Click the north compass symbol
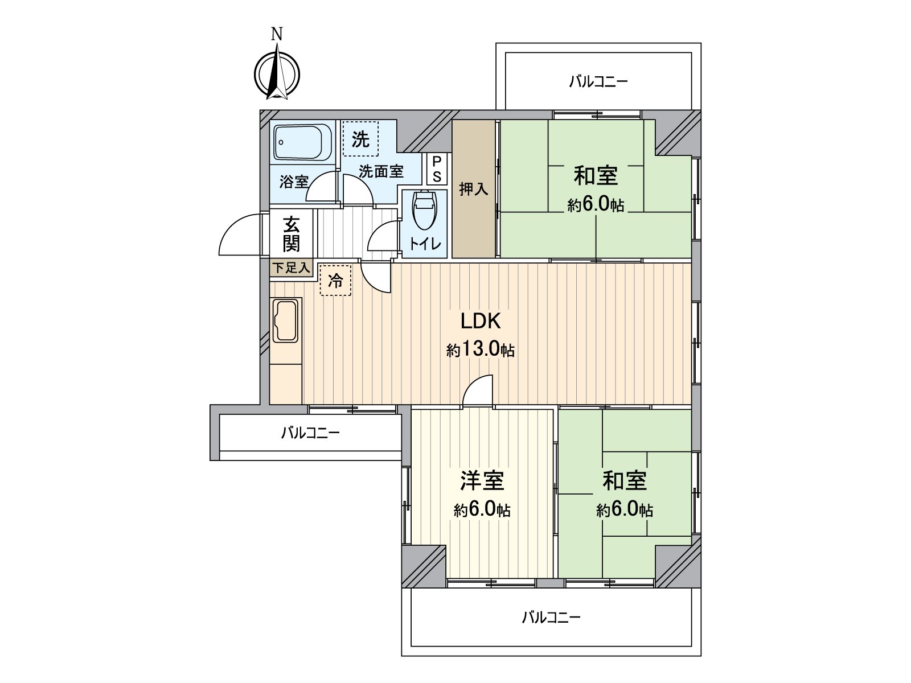[x=277, y=75]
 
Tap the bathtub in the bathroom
[x=302, y=142]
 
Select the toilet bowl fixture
[x=424, y=210]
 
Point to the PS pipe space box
[x=437, y=169]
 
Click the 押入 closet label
[x=474, y=189]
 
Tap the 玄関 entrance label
[x=291, y=234]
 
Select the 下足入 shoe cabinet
[x=292, y=268]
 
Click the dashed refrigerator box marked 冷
[x=335, y=281]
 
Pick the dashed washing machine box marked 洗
[x=360, y=138]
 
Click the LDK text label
[x=481, y=321]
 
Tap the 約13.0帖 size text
[x=481, y=350]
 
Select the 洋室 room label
[x=482, y=481]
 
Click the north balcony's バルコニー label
[x=598, y=81]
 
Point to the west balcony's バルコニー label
[x=310, y=433]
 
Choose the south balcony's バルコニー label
[x=551, y=618]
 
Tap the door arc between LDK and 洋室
[x=473, y=384]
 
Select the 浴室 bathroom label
[x=294, y=182]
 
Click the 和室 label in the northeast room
[x=596, y=175]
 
